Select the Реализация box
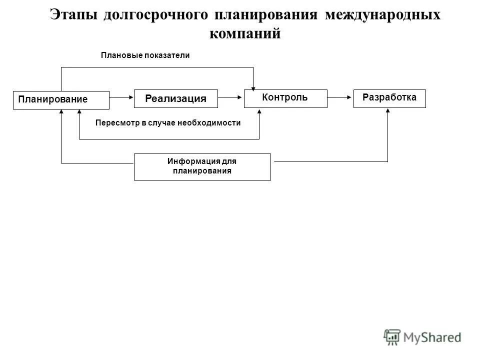point(176,98)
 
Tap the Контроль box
point(285,98)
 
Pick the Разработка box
point(389,98)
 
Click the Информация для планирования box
point(202,166)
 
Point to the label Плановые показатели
point(145,55)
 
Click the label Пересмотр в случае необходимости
point(167,122)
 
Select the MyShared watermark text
point(433,337)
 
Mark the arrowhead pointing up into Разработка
point(388,111)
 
